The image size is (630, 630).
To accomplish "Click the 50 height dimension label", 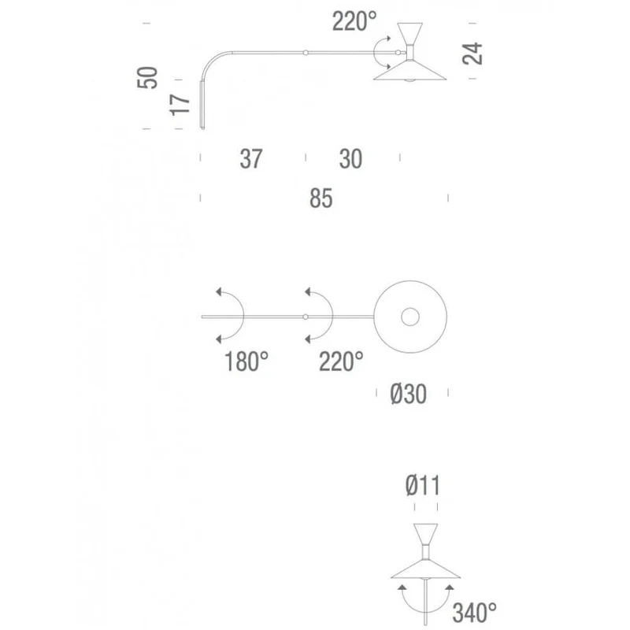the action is pyautogui.click(x=147, y=77).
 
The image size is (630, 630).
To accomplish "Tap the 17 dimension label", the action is pyautogui.click(x=180, y=105).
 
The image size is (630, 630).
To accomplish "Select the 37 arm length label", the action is pyautogui.click(x=251, y=159).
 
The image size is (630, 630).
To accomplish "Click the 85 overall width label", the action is pyautogui.click(x=321, y=198).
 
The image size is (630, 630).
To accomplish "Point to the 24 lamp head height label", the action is pyautogui.click(x=472, y=53).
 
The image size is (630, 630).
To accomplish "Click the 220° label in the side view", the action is pyautogui.click(x=354, y=21).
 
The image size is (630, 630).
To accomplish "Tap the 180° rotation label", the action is pyautogui.click(x=246, y=361).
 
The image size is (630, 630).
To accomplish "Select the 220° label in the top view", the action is pyautogui.click(x=341, y=361).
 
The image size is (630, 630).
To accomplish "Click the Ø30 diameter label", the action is pyautogui.click(x=408, y=394).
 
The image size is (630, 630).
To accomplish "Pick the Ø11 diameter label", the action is pyautogui.click(x=423, y=485).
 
